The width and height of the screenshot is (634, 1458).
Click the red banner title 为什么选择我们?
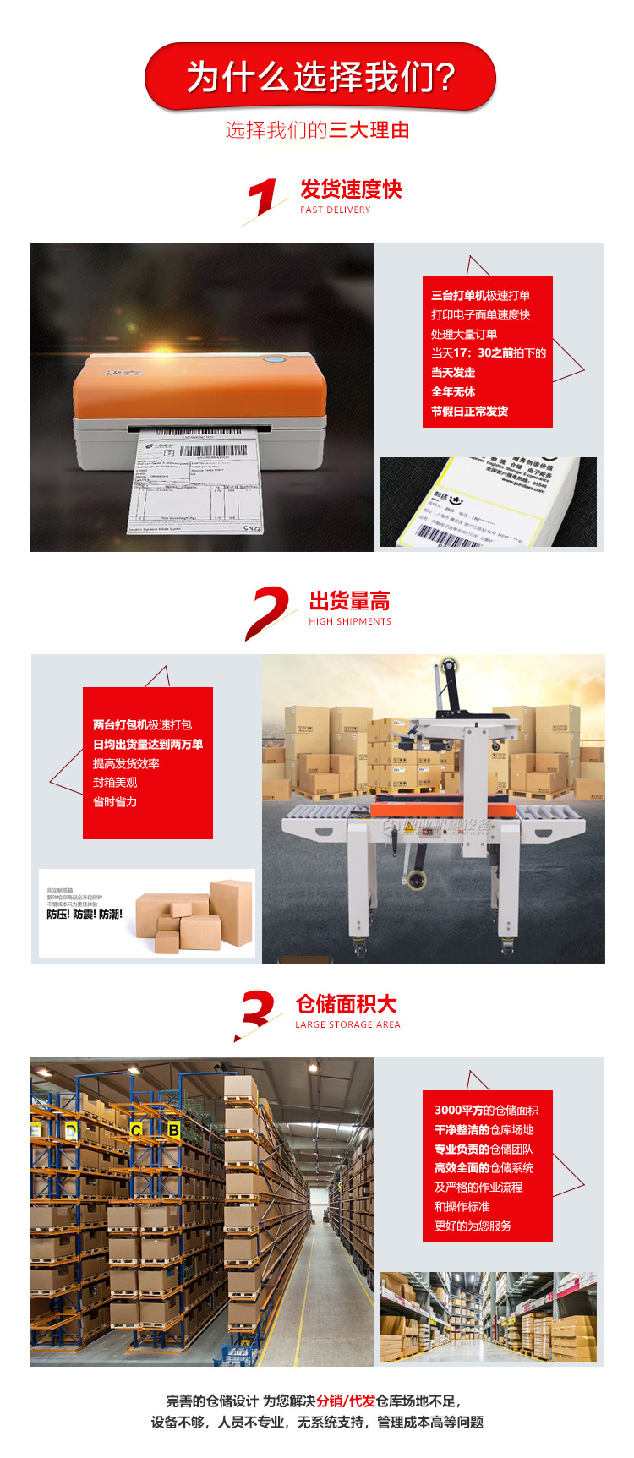coord(320,77)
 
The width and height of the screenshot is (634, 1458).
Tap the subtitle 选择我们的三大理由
coord(317,130)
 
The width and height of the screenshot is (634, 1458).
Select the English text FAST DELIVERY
coord(336,210)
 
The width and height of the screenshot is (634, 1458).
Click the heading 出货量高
coord(349,601)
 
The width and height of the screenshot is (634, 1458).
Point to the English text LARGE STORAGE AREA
coord(347,1024)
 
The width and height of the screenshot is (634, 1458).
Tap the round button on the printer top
coord(273,360)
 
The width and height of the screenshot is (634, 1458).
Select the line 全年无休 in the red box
coord(453,392)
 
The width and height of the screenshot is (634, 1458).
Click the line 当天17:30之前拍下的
coord(489,353)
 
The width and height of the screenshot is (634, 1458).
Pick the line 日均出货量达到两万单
coord(148,745)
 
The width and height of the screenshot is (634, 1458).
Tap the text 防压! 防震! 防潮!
coord(85,915)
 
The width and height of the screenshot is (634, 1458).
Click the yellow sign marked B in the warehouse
coord(173,1129)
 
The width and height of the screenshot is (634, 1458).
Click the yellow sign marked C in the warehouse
coord(136,1130)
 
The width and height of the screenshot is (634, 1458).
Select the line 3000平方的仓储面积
coord(486,1111)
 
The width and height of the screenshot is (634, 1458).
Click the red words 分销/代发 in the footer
coord(346,1401)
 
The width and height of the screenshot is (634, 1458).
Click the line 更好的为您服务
coord(473,1226)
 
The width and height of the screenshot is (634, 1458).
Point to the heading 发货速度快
coord(351,189)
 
